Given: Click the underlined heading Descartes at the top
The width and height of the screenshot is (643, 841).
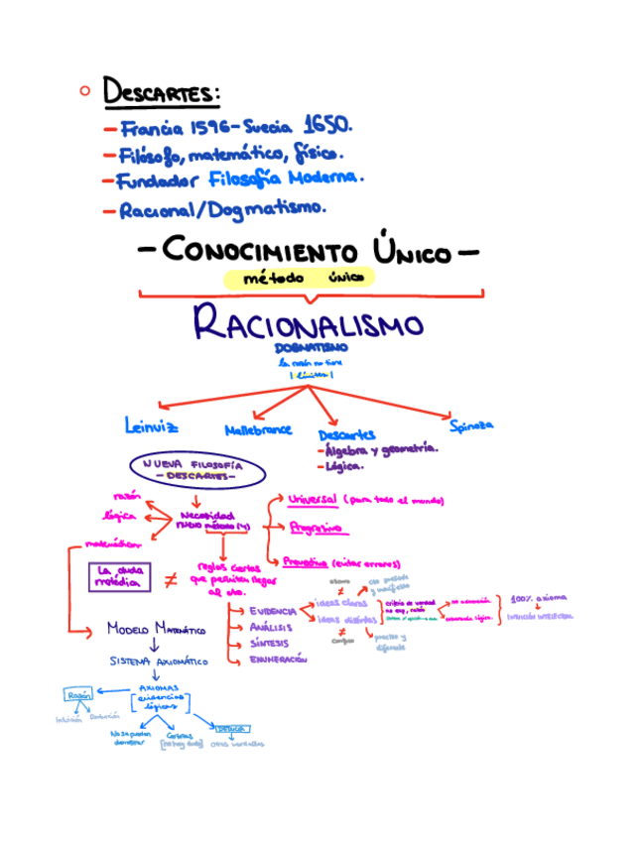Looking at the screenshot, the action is tap(161, 94).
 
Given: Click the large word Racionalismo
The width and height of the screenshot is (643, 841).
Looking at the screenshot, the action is tap(308, 322).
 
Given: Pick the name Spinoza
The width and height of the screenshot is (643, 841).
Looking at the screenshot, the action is tap(470, 424).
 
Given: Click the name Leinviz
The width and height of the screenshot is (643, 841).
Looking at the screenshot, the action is tap(152, 427).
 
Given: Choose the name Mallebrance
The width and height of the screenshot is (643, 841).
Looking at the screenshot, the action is tap(258, 429).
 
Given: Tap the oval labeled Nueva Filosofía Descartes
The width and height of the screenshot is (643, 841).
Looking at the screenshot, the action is tap(196, 469).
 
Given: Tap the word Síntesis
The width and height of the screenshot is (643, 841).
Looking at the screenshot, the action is tap(269, 643).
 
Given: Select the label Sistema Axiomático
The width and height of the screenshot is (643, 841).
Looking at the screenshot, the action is tap(159, 661).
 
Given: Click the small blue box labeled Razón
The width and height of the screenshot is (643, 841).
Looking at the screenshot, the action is tap(79, 695).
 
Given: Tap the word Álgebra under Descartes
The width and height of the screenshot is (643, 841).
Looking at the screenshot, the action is tap(346, 449).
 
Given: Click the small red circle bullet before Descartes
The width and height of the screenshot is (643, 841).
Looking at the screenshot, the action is tap(84, 91).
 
